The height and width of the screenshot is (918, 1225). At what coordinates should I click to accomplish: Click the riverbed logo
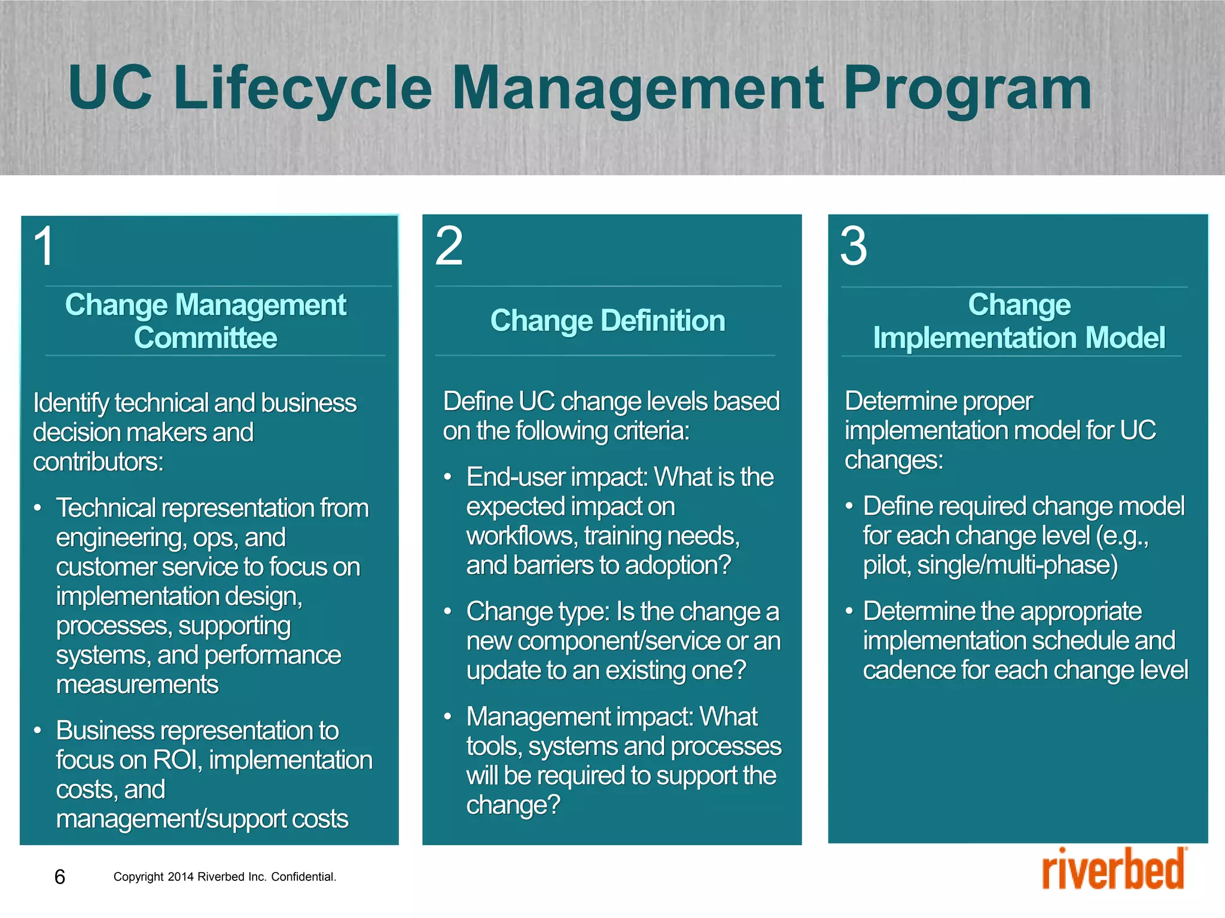pos(1114,870)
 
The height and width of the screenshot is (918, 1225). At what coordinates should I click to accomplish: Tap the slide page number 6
pos(60,877)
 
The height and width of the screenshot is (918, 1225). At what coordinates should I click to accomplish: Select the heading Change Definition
pos(608,320)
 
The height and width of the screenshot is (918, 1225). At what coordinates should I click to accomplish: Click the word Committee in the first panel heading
pos(205,338)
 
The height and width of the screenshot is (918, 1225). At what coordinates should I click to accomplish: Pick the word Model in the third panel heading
pos(1125,338)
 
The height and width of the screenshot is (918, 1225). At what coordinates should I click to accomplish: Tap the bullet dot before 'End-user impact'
pos(447,478)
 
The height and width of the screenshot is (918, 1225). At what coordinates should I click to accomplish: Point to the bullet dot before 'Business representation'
pos(37,730)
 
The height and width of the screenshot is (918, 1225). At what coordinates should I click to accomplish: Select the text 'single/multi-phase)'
pos(1017,565)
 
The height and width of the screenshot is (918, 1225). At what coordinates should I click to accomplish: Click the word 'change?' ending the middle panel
pos(513,805)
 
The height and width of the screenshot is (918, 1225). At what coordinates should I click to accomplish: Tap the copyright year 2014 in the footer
pos(180,877)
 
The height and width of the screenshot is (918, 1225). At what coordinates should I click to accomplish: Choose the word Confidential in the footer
pos(303,877)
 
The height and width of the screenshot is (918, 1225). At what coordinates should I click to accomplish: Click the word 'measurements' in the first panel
pos(137,684)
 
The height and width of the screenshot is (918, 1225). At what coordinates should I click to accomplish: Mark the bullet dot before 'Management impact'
pos(447,717)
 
